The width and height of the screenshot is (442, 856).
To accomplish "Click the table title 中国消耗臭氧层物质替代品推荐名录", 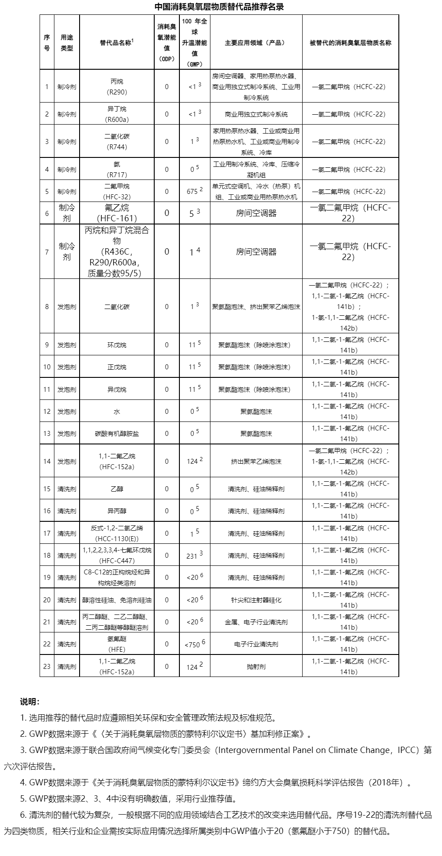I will (x=219, y=7).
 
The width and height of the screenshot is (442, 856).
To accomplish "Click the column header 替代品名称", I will (x=116, y=43).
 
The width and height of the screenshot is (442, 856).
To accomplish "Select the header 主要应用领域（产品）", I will (x=256, y=43).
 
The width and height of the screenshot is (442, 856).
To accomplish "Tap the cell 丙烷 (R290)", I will (x=116, y=87).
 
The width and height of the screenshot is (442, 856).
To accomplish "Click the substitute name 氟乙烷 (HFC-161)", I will (x=116, y=213).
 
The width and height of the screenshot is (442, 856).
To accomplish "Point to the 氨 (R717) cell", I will (x=116, y=170).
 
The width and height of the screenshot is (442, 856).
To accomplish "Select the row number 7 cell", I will (x=47, y=252).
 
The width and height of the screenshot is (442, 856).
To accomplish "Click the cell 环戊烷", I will (x=116, y=345).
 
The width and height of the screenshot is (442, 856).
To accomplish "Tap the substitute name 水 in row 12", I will (x=116, y=412).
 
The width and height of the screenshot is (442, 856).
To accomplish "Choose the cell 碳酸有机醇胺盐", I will (x=116, y=434).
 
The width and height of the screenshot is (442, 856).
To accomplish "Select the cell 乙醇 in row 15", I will (x=116, y=489).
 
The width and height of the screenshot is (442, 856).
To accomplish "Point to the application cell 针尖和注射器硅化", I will (x=256, y=600).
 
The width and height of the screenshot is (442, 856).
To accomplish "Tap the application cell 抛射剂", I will (x=256, y=667).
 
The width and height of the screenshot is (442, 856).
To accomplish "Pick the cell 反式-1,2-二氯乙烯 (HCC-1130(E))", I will (x=116, y=533).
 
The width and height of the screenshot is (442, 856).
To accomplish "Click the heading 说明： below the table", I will (x=30, y=702).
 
